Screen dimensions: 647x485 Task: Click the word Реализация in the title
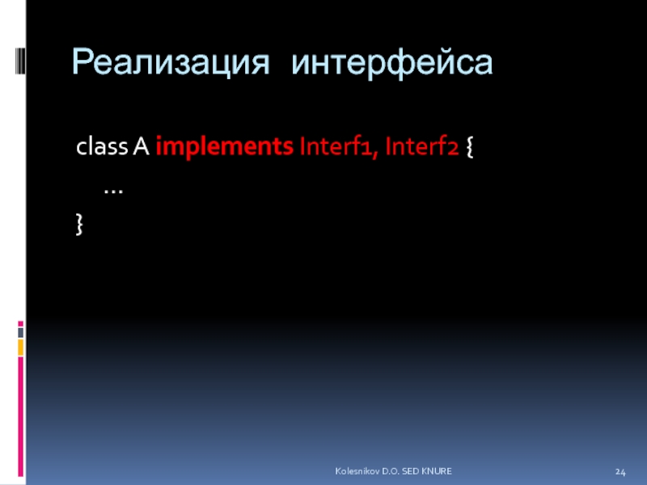pos(171,63)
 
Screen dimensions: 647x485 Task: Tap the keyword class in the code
pos(102,146)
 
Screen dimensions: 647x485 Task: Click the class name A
pos(141,146)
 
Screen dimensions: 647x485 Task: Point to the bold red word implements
pos(225,147)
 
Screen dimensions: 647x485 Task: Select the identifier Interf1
pos(336,146)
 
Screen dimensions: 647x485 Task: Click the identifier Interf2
pos(421,146)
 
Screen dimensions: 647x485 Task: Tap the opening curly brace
pos(470,147)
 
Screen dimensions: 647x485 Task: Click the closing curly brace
pos(79,225)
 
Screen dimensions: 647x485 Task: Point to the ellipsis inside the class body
pos(113,192)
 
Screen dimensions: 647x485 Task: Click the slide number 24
pos(620,472)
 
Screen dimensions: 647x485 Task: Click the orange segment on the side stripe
pos(21,348)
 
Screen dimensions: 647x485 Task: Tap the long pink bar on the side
pos(21,416)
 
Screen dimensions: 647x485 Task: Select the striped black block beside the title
pos(20,61)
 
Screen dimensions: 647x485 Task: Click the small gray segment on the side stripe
pos(21,332)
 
